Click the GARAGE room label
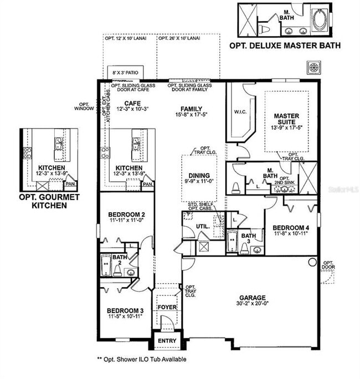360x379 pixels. pos(253,297)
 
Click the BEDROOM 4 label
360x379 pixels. pos(290,228)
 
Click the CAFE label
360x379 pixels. pos(132,104)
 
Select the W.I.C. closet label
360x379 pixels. pos(240,112)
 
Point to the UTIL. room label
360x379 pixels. pos(202,227)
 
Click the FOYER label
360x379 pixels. pos(167,307)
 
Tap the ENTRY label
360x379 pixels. pos(167,341)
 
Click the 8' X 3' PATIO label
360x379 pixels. pos(125,73)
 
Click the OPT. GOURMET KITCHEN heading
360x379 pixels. pos(49,201)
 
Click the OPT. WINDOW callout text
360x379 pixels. pos(86,106)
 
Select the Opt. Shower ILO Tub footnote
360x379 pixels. pos(141,359)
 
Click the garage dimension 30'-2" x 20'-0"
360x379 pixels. pos(253,304)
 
